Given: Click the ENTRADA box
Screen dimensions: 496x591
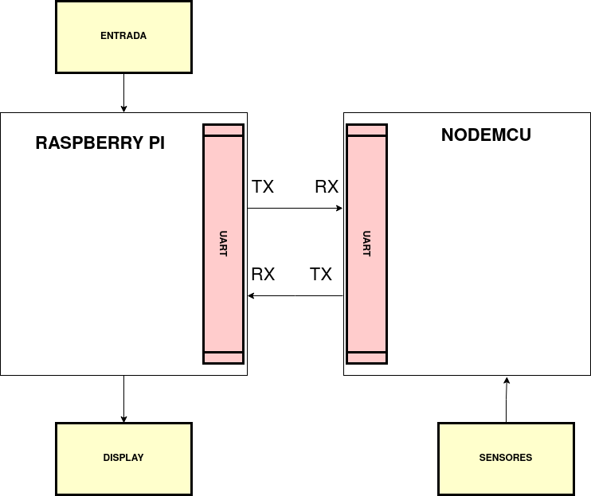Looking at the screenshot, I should pyautogui.click(x=123, y=37).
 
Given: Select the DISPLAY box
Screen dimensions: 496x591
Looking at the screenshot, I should pyautogui.click(x=123, y=458).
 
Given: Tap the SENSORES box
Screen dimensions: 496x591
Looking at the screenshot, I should pyautogui.click(x=506, y=458).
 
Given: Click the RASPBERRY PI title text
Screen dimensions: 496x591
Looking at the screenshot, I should pyautogui.click(x=100, y=144).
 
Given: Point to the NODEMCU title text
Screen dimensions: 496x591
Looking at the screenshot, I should pyautogui.click(x=486, y=135).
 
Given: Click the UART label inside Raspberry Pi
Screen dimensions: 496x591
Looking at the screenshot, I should pyautogui.click(x=223, y=243).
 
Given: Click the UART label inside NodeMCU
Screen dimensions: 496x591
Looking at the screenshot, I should pyautogui.click(x=366, y=243).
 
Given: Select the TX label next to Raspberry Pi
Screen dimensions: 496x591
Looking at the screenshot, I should pyautogui.click(x=263, y=187).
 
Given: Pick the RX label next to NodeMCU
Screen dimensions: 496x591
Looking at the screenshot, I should pyautogui.click(x=327, y=187).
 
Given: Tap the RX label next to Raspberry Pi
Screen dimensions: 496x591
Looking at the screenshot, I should pyautogui.click(x=263, y=275).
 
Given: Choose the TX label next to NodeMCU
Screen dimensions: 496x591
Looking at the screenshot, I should pyautogui.click(x=321, y=275).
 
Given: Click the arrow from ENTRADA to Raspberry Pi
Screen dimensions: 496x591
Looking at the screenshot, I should pyautogui.click(x=123, y=92).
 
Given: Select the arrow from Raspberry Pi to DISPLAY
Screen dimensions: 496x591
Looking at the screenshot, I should pyautogui.click(x=123, y=398).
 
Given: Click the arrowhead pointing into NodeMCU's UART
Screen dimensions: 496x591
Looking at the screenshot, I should pyautogui.click(x=339, y=209).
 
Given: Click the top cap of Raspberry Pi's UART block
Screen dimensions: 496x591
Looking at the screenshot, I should pyautogui.click(x=223, y=130).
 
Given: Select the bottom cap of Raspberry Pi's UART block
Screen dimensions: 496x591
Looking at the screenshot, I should pyautogui.click(x=223, y=357).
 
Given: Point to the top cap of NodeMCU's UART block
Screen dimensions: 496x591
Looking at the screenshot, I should pyautogui.click(x=366, y=130).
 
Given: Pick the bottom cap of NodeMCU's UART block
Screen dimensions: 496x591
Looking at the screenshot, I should pyautogui.click(x=366, y=357).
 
